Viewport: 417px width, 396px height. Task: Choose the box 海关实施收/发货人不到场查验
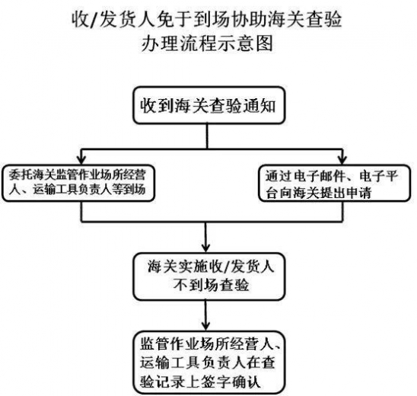tap(206, 276)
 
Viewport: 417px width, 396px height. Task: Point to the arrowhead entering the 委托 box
tap(81, 158)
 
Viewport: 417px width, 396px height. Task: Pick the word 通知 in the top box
tap(259, 107)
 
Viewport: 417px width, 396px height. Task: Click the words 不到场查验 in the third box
tap(206, 286)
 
